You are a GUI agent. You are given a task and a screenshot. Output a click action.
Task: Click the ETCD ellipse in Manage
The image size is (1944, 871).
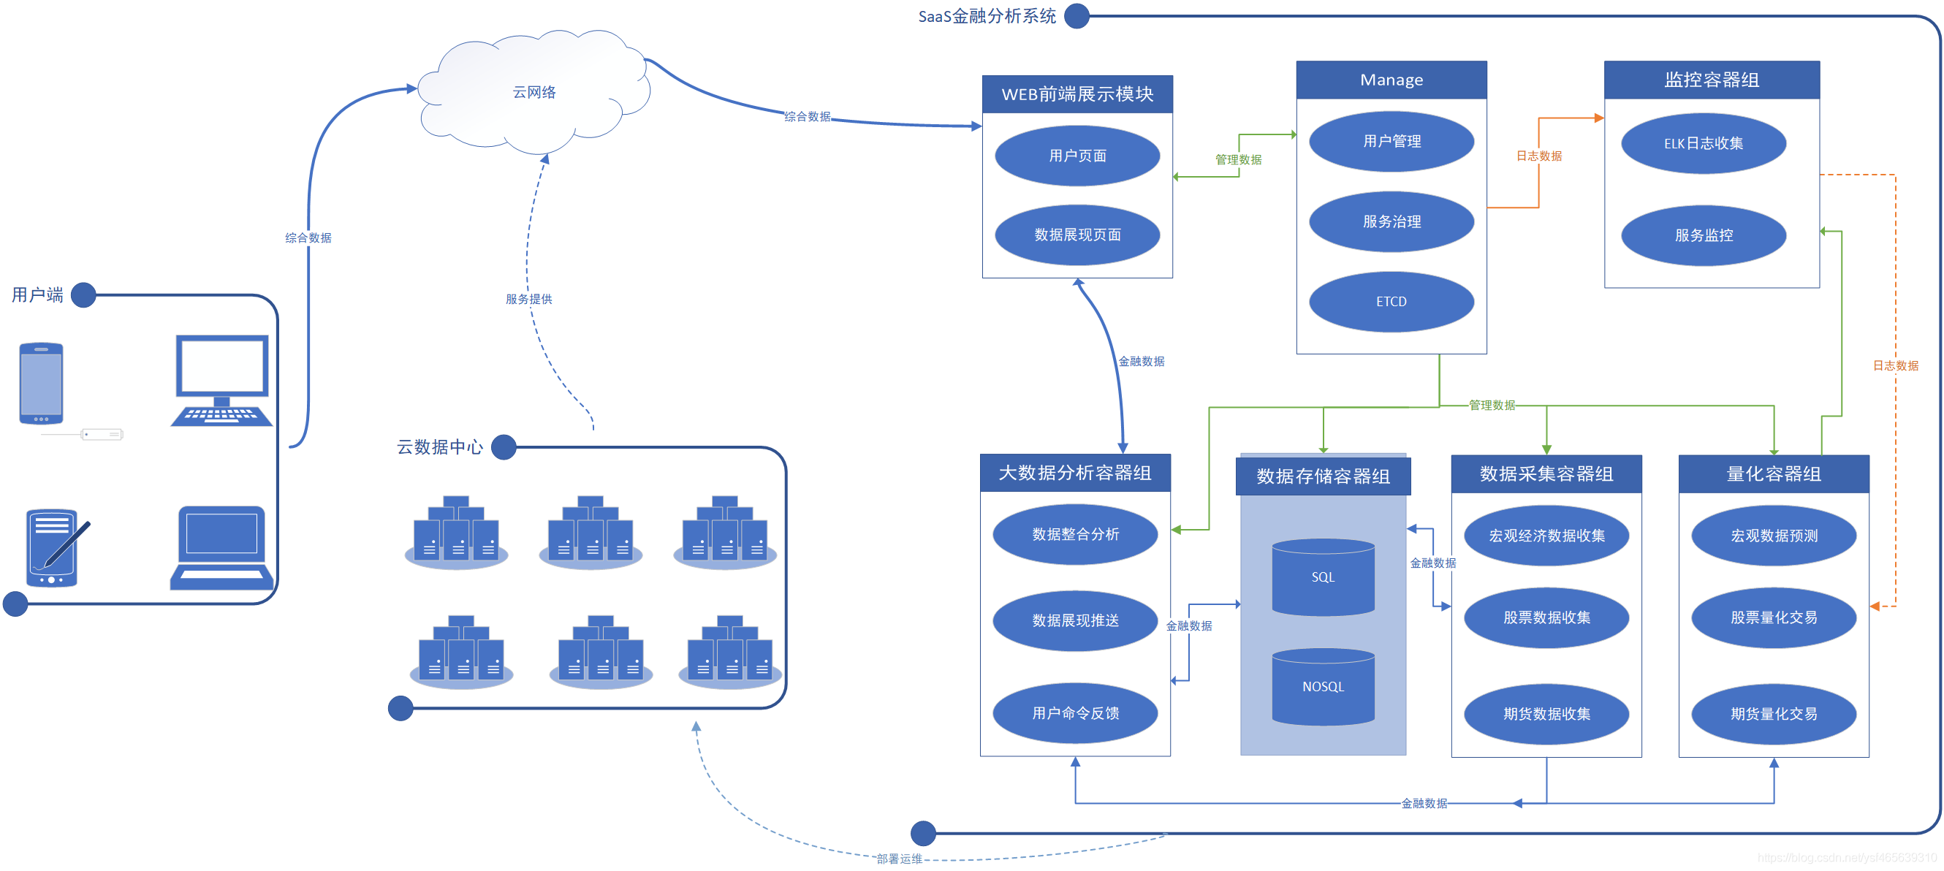tap(1391, 301)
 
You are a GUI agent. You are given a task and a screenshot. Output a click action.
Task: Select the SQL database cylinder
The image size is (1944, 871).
tap(1323, 577)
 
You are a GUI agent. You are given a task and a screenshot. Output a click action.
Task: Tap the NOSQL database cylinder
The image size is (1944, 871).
tap(1323, 686)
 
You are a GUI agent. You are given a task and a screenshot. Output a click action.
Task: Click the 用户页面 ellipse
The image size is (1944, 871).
tap(1077, 156)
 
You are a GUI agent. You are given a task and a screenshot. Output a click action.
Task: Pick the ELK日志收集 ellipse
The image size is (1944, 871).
tap(1704, 143)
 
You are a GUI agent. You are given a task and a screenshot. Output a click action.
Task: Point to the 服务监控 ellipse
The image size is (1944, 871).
tap(1704, 235)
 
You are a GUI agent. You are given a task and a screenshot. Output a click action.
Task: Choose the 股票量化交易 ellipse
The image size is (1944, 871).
tap(1774, 617)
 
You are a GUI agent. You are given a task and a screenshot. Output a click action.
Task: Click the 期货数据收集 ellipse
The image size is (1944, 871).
tap(1546, 713)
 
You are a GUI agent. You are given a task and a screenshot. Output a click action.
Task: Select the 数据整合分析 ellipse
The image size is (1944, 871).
tap(1074, 534)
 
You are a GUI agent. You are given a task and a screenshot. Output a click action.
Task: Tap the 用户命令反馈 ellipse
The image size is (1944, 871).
tap(1074, 712)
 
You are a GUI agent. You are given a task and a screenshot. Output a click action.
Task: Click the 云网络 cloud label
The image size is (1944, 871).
tap(534, 92)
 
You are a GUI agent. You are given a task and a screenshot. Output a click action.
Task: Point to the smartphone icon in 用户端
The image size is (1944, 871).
tap(42, 384)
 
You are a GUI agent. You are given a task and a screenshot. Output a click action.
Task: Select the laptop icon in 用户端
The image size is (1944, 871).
tap(222, 547)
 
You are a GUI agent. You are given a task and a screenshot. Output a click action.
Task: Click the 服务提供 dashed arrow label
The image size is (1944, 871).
tap(528, 299)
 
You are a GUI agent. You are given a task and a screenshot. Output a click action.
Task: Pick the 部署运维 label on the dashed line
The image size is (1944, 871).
tap(899, 858)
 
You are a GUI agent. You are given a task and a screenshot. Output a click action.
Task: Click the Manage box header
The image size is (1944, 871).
tap(1391, 80)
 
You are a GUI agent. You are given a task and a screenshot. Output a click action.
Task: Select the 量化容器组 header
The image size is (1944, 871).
tap(1774, 474)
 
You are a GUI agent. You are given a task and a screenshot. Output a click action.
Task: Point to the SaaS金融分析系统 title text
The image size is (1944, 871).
tap(987, 17)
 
